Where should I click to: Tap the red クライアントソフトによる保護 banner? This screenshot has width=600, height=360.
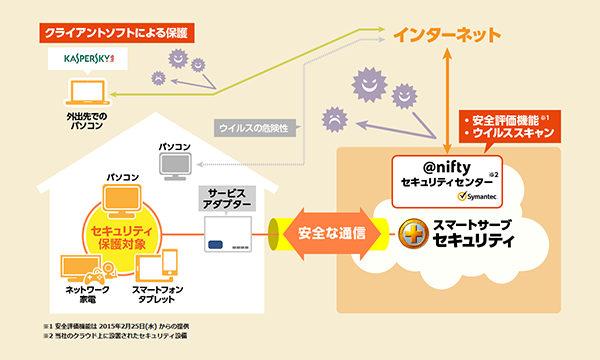[x=117, y=32]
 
